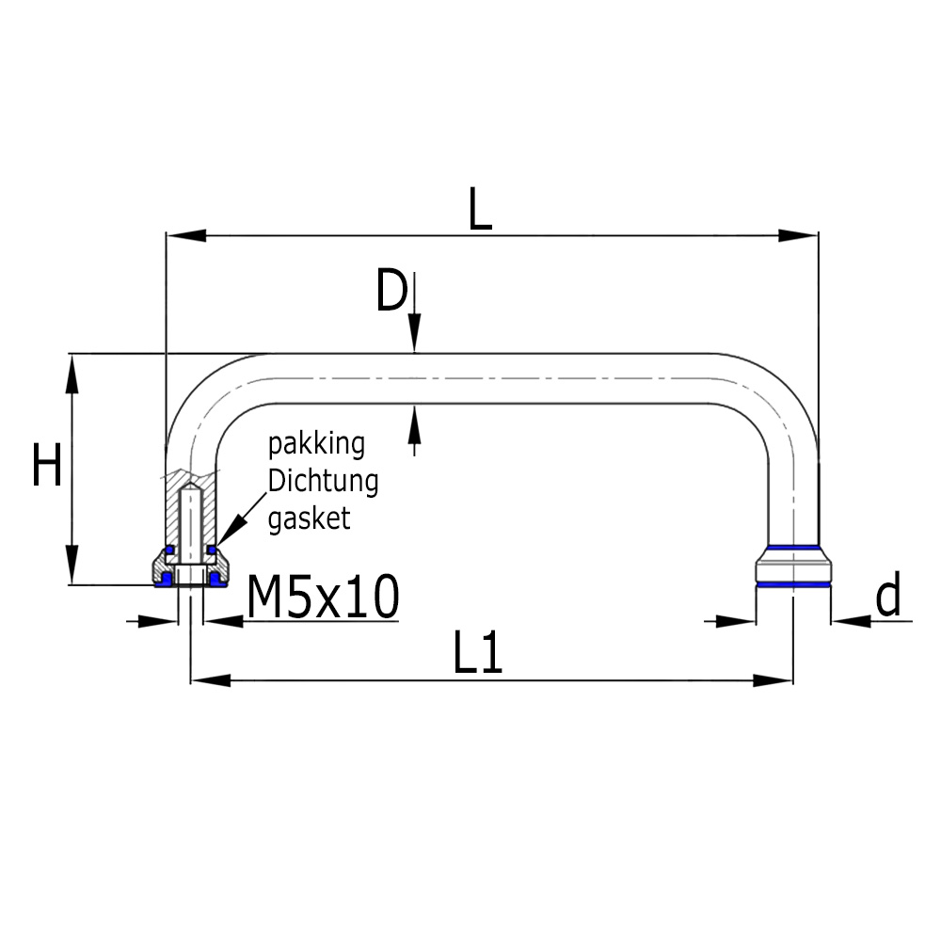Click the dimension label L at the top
click(480, 212)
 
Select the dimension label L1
click(478, 652)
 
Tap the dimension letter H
click(47, 467)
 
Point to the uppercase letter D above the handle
click(391, 291)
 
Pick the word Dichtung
click(323, 481)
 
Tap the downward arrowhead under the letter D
click(414, 338)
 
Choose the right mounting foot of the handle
click(793, 566)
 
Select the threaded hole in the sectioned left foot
click(191, 527)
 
